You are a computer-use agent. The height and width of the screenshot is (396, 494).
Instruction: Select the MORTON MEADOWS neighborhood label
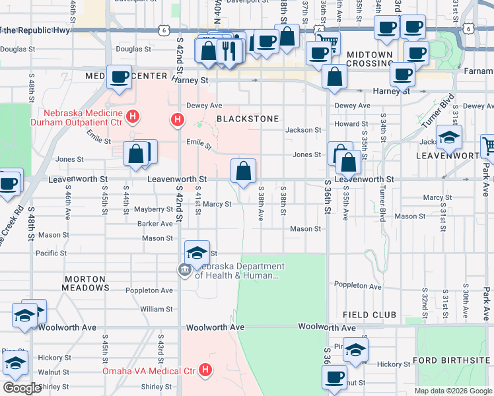[x=86, y=283]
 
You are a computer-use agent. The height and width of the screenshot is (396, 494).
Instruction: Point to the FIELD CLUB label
[x=369, y=315]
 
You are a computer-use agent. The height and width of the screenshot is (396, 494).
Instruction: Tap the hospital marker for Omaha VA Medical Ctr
[x=206, y=370]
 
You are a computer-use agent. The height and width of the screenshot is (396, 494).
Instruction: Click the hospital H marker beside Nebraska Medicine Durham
[x=133, y=117]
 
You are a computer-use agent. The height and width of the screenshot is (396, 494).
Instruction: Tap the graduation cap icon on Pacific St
[x=197, y=253]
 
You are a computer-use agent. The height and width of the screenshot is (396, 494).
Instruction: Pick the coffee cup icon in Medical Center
[x=119, y=77]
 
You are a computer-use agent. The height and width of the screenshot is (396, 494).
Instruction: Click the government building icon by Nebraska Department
[x=183, y=269]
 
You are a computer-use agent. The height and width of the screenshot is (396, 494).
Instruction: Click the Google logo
[x=22, y=388]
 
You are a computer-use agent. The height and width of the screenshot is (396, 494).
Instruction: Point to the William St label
[x=157, y=309]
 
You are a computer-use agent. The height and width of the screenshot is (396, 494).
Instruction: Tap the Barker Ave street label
[x=155, y=224]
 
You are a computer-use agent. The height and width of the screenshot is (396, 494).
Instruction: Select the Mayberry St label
[x=153, y=209]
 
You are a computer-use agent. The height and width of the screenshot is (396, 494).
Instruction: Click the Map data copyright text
[x=452, y=391]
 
